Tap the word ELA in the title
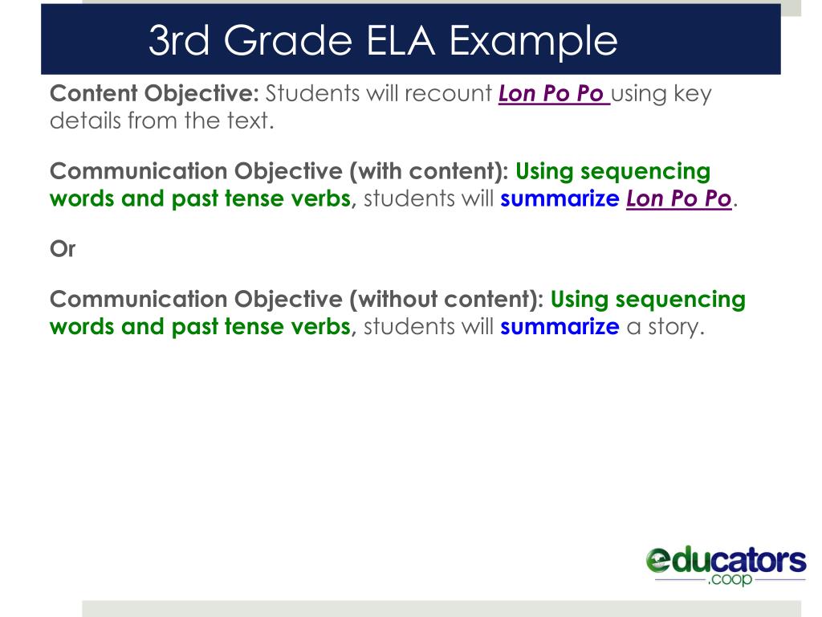tap(402, 41)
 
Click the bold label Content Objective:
tap(154, 94)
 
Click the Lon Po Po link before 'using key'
tap(552, 94)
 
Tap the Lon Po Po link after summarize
tap(679, 199)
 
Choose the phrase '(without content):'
tap(447, 300)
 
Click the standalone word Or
tap(63, 249)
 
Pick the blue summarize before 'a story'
tap(560, 327)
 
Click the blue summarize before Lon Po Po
tap(560, 199)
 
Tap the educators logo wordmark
tap(726, 560)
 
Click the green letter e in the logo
tap(658, 560)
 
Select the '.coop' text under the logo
tap(730, 580)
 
